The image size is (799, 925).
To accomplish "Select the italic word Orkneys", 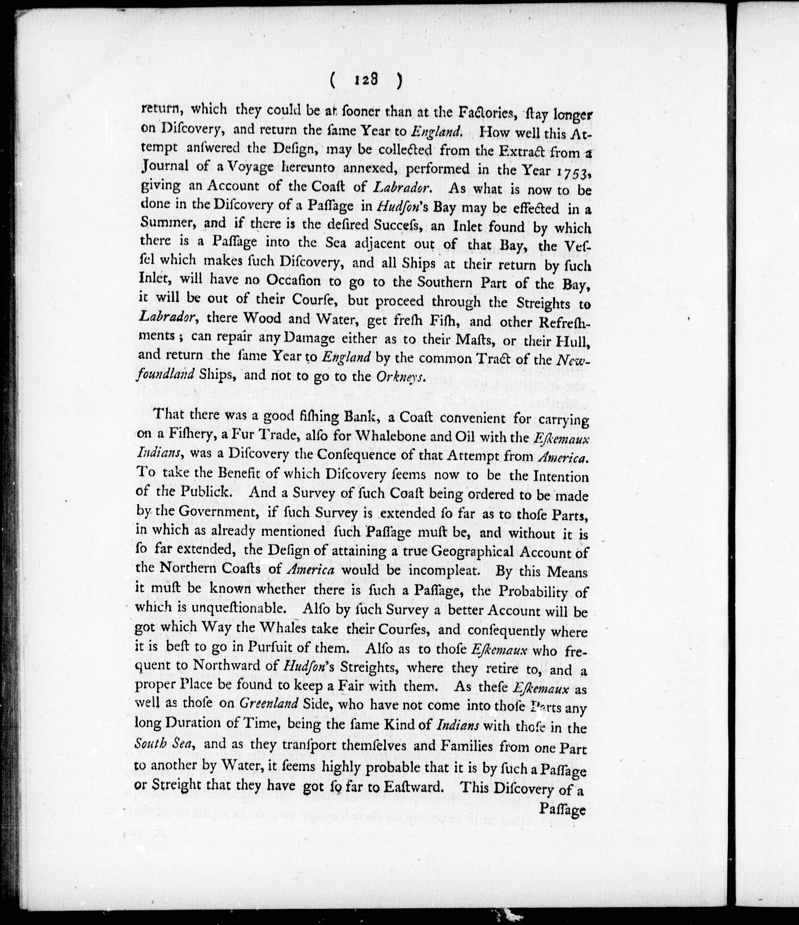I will point(399,377).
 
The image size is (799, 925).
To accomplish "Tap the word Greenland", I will point(269,703).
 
